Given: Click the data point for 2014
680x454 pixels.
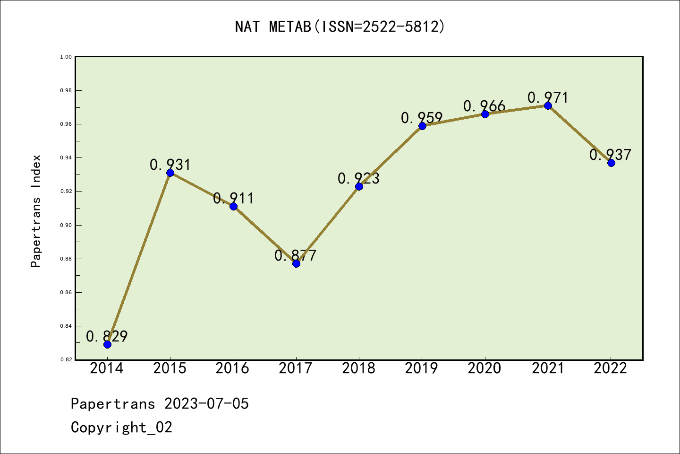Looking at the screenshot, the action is coord(107,345).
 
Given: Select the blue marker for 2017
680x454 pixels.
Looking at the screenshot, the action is coord(296,263).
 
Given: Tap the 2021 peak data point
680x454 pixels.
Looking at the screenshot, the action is coord(548,106).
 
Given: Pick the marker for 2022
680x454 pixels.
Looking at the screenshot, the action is coord(611,163).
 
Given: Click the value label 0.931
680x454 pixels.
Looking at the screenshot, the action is coord(170,165).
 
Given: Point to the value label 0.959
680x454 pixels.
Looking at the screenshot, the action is coord(422,118).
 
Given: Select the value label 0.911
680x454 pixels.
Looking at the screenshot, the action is coord(233,198).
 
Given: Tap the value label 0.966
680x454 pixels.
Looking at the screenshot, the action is coord(484,106).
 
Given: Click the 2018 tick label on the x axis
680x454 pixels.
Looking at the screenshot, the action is coord(359,368).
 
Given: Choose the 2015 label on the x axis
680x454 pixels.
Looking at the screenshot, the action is coord(170,368).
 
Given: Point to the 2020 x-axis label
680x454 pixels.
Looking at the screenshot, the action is coord(484,368).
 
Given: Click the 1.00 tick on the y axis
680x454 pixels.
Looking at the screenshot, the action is coord(66,57).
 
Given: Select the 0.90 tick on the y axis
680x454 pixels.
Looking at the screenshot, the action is coord(66,225).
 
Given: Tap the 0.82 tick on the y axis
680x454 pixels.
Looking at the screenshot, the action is coord(66,359).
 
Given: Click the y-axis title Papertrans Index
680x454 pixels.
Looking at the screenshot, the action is coord(36,211).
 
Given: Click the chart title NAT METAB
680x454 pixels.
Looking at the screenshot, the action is coord(273,26).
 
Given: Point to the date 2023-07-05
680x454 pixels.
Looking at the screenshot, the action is coord(206,403).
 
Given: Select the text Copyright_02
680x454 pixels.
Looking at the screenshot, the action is coord(121,427).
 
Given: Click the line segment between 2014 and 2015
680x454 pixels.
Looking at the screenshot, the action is coord(139,259).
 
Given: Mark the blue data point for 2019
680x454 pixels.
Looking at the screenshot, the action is coord(422,126).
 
